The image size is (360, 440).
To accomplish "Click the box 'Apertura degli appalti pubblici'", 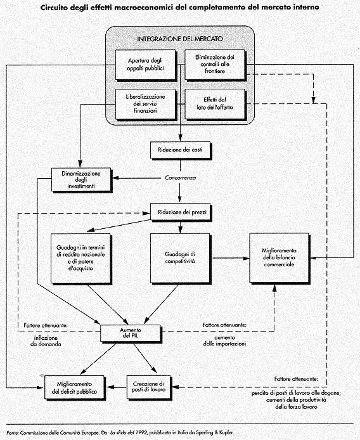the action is coord(146,65).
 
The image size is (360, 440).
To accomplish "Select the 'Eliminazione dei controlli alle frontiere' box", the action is coord(215,65).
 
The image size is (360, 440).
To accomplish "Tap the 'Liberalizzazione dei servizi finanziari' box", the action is coord(146,104).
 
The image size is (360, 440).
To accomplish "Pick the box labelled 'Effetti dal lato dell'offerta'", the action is coord(215,104).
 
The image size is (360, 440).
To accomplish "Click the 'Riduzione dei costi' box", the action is coord(180,150).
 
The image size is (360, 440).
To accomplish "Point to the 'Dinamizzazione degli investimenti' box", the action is coord(81,179).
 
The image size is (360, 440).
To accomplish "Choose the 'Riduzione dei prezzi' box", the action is coord(181,212).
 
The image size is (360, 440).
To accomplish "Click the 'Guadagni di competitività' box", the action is coord(180,258).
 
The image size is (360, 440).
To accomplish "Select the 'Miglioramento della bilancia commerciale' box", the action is coord(279,258).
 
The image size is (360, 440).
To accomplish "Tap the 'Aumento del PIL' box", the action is coord(131,333).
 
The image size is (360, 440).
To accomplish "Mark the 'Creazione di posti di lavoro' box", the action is coord(148,387).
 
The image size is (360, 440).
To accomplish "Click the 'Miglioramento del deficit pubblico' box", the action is coord(74,387).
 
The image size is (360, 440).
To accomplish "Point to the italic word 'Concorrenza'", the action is coord(181,178).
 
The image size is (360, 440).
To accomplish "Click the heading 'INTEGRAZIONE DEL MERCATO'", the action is coord(180,39).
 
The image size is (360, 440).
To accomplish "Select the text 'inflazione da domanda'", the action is coord(46,341).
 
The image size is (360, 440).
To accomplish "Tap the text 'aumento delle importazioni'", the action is coord(224,340).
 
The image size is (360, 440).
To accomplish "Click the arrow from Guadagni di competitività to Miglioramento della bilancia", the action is coord(231,258).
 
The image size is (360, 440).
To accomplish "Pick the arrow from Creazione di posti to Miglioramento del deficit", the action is coord(117,387).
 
